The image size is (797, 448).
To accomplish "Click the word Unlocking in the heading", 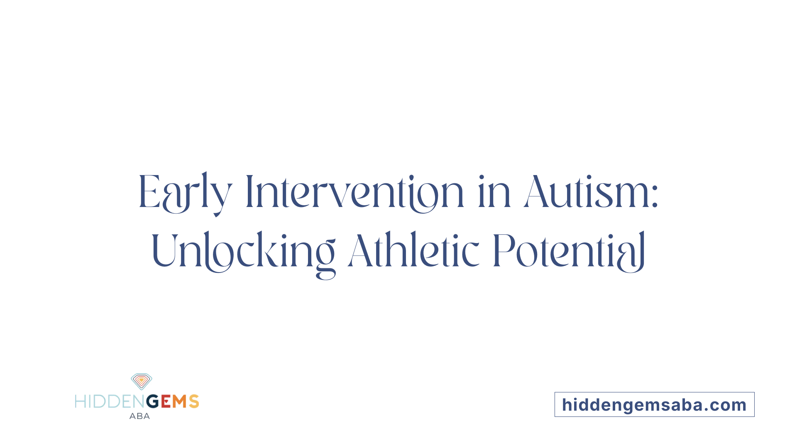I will point(243,251).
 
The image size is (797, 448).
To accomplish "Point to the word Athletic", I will point(413,251).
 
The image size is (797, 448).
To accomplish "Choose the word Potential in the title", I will point(569,251).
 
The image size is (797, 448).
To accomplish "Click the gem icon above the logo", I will point(142,381).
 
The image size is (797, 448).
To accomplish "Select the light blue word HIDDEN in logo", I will point(110,402).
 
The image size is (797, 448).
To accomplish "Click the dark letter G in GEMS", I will point(153,402).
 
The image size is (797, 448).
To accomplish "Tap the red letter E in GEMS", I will point(166,402).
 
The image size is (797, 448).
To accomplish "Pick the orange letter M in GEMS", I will point(180,402).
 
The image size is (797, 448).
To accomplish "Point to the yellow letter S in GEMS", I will point(194,402).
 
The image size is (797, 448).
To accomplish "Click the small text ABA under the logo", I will point(139,416).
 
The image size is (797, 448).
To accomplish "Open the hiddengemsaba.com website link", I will point(654,405).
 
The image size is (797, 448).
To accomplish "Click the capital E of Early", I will point(149,192).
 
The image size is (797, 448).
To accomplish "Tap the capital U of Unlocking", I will point(164,251).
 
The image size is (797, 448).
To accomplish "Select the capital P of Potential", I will point(503,251).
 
